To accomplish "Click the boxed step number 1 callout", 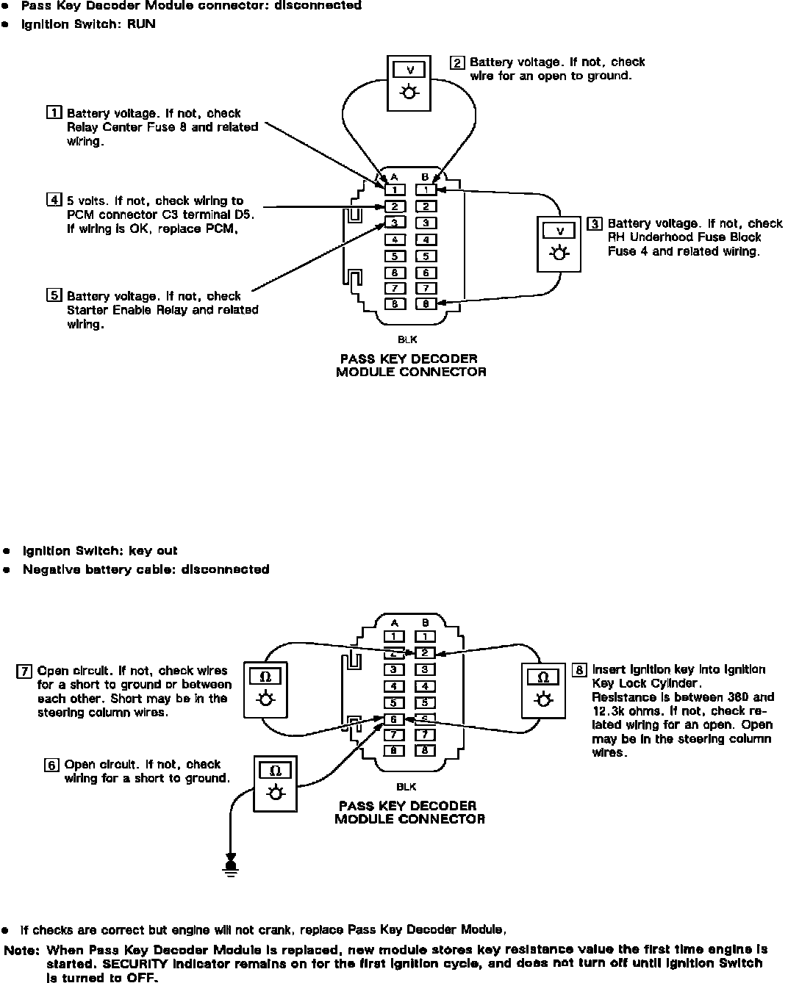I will click(54, 113).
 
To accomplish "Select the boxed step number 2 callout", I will click(457, 62).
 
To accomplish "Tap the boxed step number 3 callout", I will click(594, 223).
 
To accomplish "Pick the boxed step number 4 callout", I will click(54, 200).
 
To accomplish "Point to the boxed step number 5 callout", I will click(54, 295).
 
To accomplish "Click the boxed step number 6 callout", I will click(51, 765).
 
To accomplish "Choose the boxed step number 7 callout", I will click(24, 671).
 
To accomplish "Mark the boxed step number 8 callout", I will click(579, 670).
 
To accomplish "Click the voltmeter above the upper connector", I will click(409, 82).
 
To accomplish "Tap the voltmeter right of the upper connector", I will click(560, 243).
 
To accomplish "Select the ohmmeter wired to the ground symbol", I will click(276, 783).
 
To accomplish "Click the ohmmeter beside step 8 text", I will click(543, 689).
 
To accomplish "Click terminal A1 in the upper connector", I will click(395, 190).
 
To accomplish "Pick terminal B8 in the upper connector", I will click(426, 303).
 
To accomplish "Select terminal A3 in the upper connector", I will click(395, 223).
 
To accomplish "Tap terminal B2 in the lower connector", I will click(425, 652).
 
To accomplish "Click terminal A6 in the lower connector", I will click(394, 719).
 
